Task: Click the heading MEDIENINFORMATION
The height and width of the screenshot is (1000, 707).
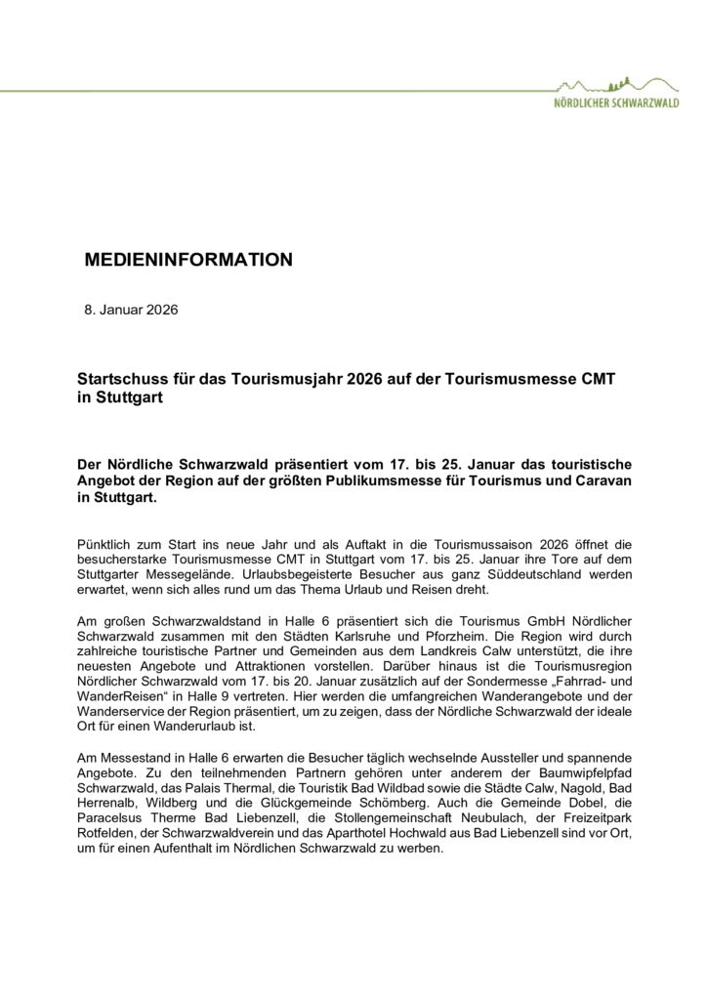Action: pyautogui.click(x=188, y=260)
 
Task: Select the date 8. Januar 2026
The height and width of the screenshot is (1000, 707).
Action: pyautogui.click(x=132, y=311)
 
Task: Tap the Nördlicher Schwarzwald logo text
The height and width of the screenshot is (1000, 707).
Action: pyautogui.click(x=616, y=102)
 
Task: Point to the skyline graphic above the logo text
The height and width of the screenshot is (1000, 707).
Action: pyautogui.click(x=616, y=84)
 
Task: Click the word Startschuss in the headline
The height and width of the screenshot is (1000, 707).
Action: pyautogui.click(x=121, y=377)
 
